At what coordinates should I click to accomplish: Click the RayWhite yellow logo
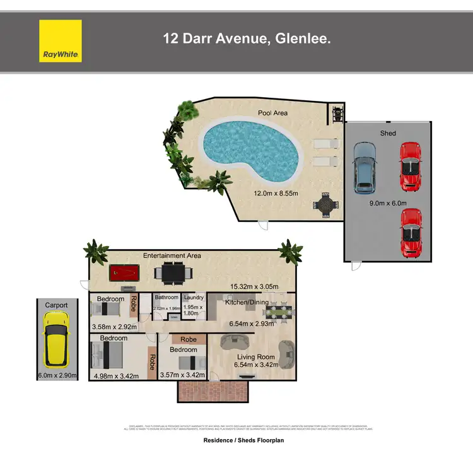[61, 41]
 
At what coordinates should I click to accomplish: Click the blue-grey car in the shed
[364, 167]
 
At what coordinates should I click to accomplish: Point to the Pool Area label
[272, 113]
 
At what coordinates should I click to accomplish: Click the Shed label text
[387, 133]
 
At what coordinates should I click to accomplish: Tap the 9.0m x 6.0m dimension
[388, 202]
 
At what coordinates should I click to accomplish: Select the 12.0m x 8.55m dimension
[276, 194]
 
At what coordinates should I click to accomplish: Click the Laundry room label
[193, 298]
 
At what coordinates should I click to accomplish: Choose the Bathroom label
[166, 298]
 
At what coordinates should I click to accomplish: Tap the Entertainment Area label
[172, 255]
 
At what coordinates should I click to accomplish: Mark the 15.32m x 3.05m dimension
[255, 287]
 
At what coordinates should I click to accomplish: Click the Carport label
[56, 305]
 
